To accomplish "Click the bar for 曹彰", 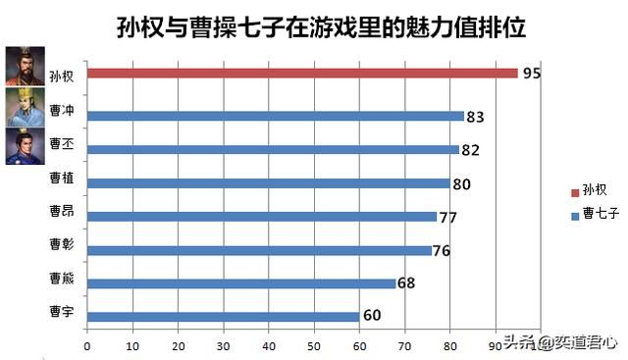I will pos(259,250).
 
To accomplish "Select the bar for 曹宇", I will pos(223,317).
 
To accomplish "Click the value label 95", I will pos(532,74).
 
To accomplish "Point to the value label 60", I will pos(372,316).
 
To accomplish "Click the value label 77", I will pos(449,216).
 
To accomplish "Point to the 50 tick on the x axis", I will pos(314,346).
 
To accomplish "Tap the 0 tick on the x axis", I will pos(87,346).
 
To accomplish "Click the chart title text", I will pos(314,28).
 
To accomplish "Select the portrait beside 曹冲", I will pos(25,106).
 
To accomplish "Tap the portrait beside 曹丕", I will pos(25,146).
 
